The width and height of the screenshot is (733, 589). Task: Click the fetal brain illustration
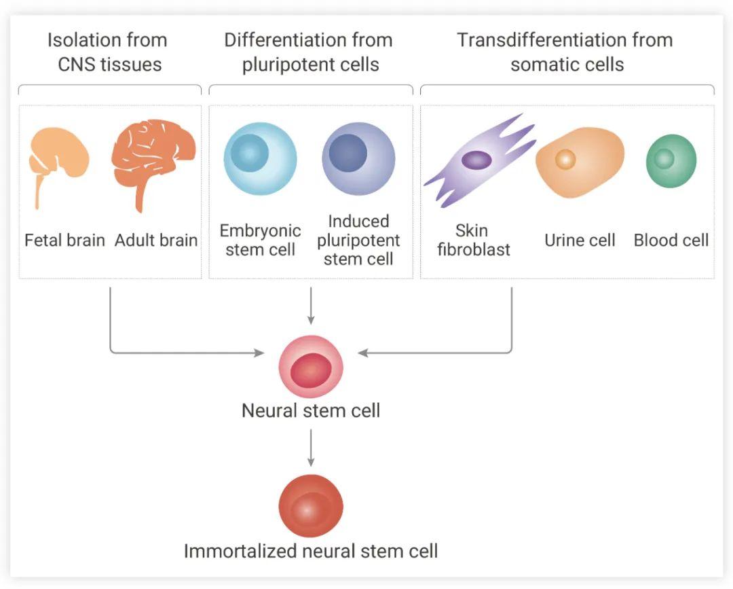coord(58,154)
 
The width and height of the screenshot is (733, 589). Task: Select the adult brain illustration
coord(153,162)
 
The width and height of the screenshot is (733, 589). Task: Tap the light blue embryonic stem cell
coord(260,158)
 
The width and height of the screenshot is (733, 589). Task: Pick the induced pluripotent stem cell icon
coord(358,158)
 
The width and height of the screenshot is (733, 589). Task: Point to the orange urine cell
coord(580,162)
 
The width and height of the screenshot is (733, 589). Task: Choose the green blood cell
coord(671,161)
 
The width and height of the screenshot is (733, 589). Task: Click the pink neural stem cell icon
coord(311,367)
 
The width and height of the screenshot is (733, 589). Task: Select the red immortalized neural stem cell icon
coord(311,505)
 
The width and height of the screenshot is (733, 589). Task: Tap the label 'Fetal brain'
coord(64,240)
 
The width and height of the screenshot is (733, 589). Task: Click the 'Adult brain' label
coord(156,240)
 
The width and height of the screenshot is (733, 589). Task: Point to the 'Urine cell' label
coord(580,240)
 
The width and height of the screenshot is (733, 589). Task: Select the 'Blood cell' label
coord(671,240)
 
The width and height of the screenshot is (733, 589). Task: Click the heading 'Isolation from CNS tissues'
coord(109,52)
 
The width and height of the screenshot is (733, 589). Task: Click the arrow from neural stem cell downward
coord(311,448)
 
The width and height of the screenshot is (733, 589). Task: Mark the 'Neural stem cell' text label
coord(311,411)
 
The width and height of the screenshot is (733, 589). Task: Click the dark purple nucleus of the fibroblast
coord(476,160)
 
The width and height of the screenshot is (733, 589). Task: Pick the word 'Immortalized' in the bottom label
coord(241,551)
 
